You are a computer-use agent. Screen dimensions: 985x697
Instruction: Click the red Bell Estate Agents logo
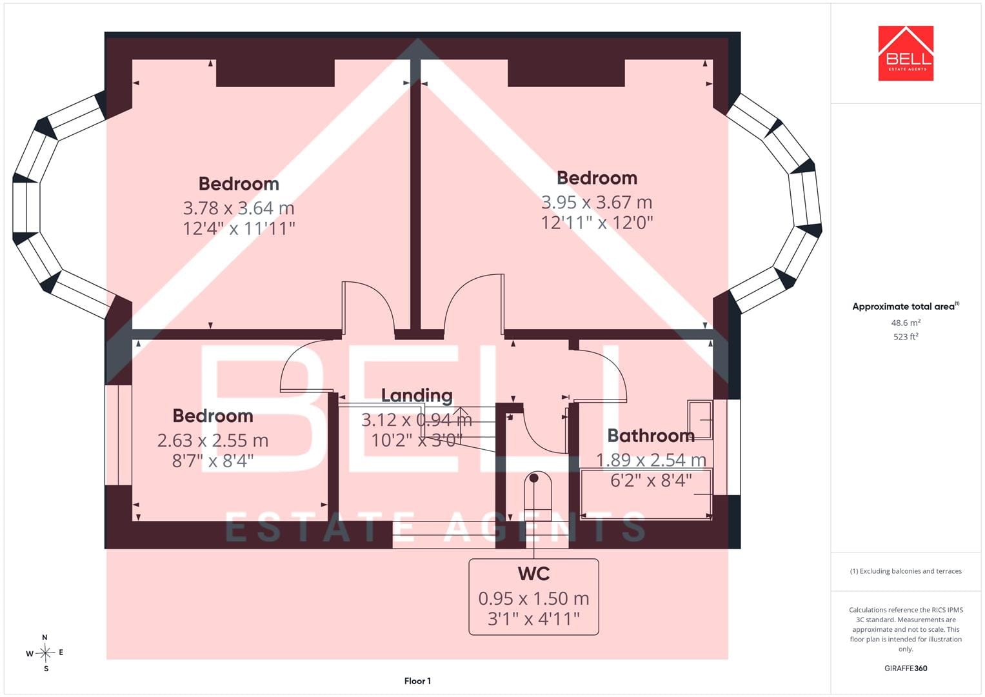(906, 53)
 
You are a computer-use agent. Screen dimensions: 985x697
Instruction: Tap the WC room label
(533, 574)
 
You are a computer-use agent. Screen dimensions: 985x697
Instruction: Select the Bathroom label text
(651, 436)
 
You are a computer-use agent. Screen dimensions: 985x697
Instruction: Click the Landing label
(417, 396)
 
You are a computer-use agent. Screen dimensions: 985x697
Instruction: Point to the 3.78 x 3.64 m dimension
(238, 208)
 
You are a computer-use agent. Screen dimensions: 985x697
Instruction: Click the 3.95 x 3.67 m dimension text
(596, 202)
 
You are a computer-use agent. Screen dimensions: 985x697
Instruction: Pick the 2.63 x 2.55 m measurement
(213, 440)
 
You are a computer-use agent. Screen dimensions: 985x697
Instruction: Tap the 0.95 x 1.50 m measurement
(533, 598)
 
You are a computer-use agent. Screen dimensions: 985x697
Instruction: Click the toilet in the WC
(538, 496)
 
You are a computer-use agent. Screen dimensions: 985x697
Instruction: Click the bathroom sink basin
(700, 419)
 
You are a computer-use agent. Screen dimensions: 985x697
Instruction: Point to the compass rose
(45, 653)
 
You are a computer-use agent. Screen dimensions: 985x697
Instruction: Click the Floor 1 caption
(417, 681)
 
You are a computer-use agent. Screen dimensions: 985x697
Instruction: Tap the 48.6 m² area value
(906, 323)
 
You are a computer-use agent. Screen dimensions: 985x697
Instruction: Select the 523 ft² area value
(906, 337)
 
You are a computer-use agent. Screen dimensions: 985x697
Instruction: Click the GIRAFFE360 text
(906, 669)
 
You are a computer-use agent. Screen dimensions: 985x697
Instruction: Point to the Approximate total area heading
(906, 307)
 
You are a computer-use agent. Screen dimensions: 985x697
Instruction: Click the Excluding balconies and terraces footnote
(906, 571)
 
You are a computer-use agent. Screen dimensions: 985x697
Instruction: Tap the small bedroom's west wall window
(118, 435)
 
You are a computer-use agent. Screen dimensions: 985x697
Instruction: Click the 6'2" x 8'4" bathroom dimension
(651, 481)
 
